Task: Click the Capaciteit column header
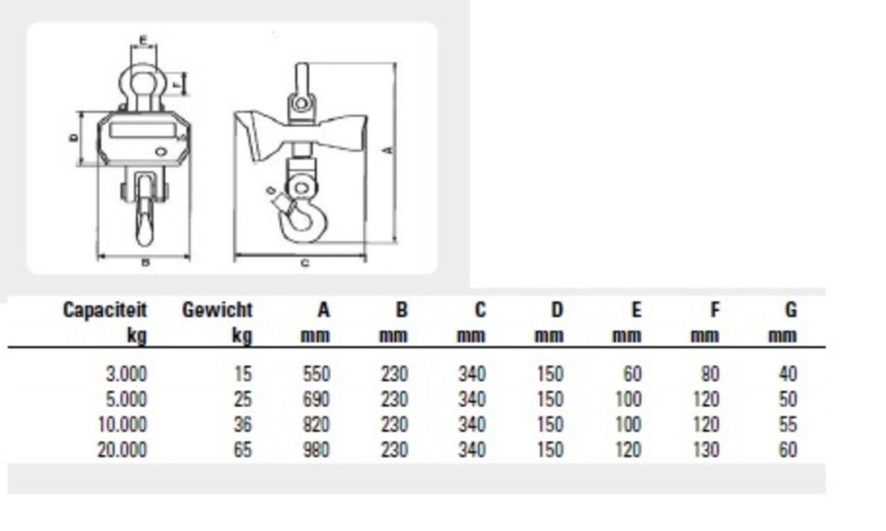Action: (105, 310)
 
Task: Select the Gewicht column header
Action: (217, 310)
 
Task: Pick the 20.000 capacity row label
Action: (122, 450)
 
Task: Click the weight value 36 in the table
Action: (242, 424)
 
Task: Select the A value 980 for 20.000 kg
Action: (317, 450)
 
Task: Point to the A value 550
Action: (317, 374)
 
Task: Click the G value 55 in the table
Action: (788, 424)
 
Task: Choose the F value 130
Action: (705, 450)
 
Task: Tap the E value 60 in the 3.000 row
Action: (632, 374)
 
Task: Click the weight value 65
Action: (242, 450)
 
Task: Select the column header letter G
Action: (790, 310)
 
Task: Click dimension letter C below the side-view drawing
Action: (304, 263)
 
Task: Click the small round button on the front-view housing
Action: (161, 151)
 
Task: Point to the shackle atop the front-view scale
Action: (143, 82)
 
